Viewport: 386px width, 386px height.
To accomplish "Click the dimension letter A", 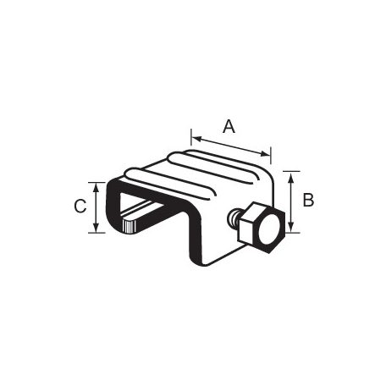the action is click(x=229, y=126).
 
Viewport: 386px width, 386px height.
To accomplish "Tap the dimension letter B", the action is click(x=308, y=200).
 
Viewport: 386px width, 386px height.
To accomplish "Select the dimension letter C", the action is click(x=80, y=206).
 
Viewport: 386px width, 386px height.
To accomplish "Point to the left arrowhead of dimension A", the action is click(x=197, y=139).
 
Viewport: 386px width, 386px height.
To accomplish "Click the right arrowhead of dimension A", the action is click(x=265, y=154).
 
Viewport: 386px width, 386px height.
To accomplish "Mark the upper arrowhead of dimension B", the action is click(x=291, y=178).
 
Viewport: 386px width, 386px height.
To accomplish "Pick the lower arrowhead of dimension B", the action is click(x=291, y=226).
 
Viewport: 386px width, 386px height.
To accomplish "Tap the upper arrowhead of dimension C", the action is click(x=96, y=189).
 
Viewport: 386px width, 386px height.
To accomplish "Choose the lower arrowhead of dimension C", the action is click(x=96, y=226).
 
